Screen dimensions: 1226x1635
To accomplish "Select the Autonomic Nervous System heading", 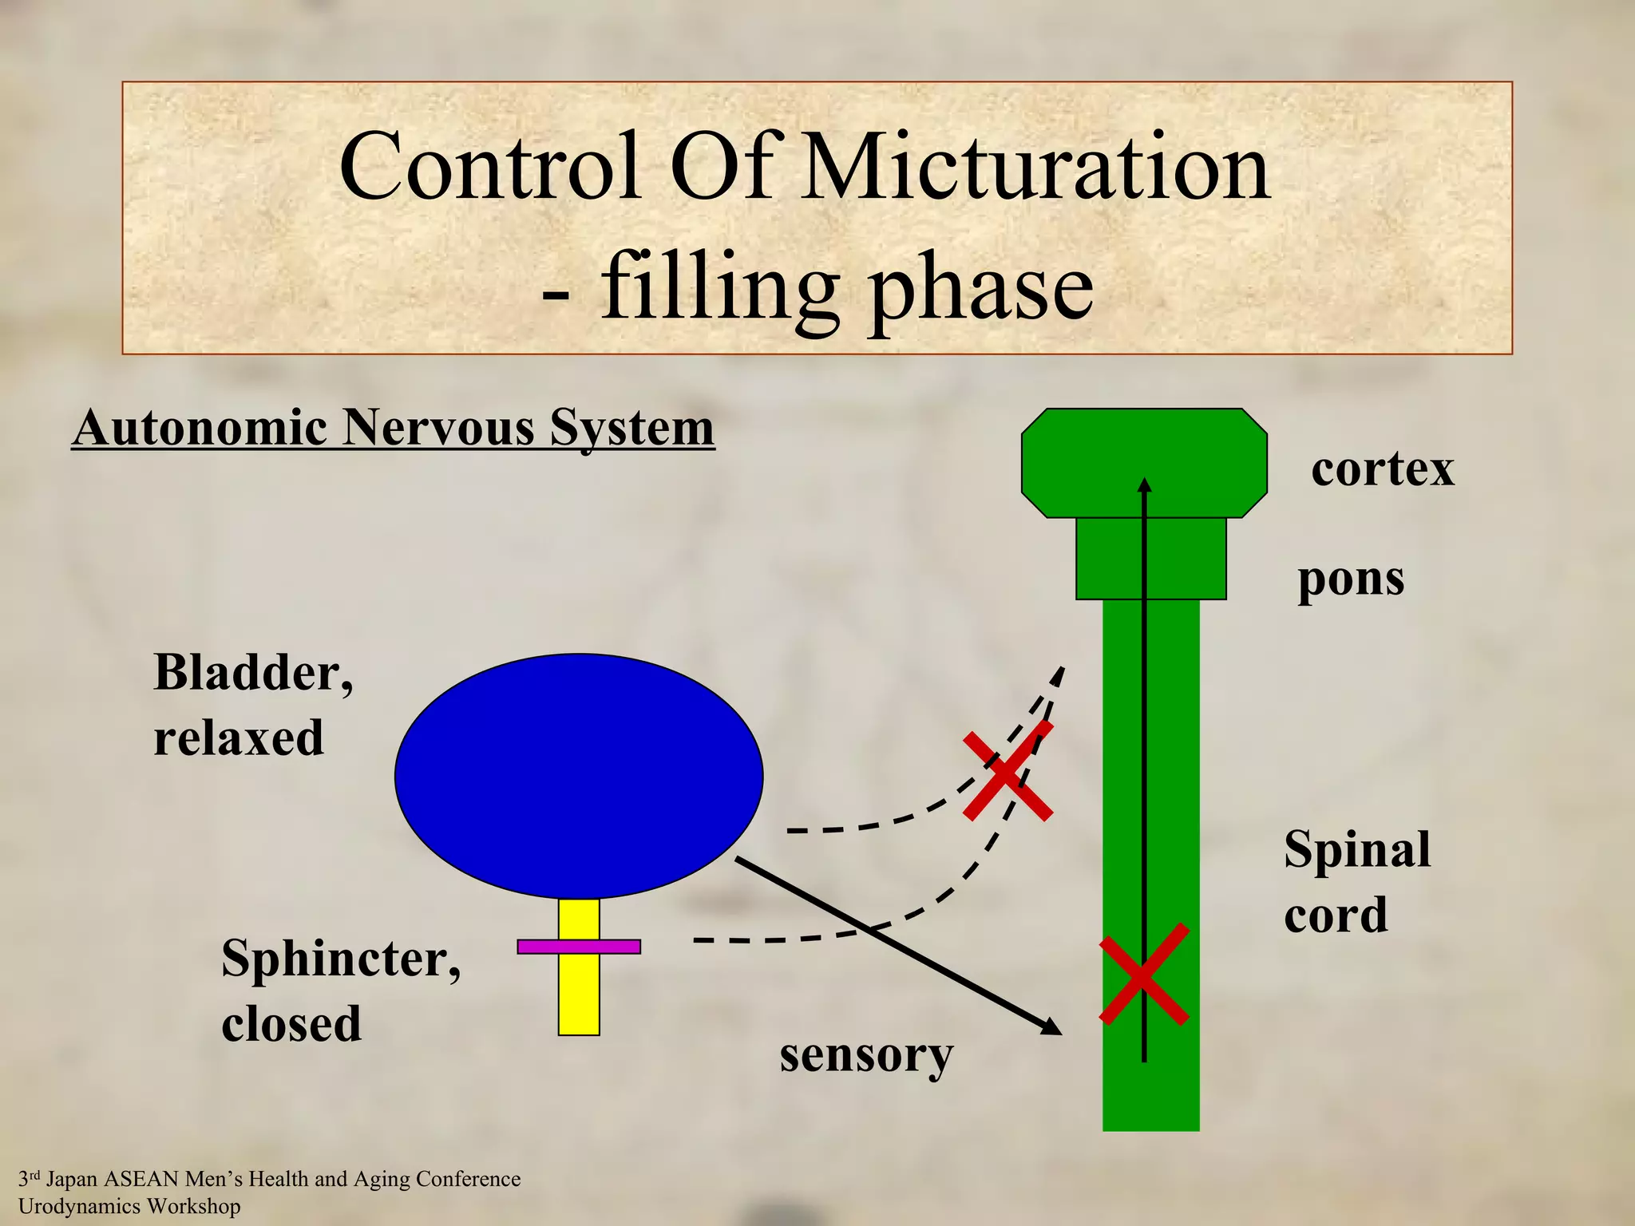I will [393, 429].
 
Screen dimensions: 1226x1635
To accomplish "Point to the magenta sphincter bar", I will [579, 947].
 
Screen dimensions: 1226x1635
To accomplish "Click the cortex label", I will [1382, 469].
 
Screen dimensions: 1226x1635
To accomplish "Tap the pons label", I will [1351, 579].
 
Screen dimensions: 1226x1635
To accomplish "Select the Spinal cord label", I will [1356, 881].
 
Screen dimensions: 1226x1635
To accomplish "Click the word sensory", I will [866, 1055].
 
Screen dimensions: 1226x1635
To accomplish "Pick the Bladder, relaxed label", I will [252, 704].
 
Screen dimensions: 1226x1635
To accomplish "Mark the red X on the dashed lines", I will [1008, 772].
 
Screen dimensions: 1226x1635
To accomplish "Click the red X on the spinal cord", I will [1144, 975].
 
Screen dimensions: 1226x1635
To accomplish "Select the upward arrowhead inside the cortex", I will [1145, 484].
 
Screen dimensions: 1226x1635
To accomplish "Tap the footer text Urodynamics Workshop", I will [129, 1206].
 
